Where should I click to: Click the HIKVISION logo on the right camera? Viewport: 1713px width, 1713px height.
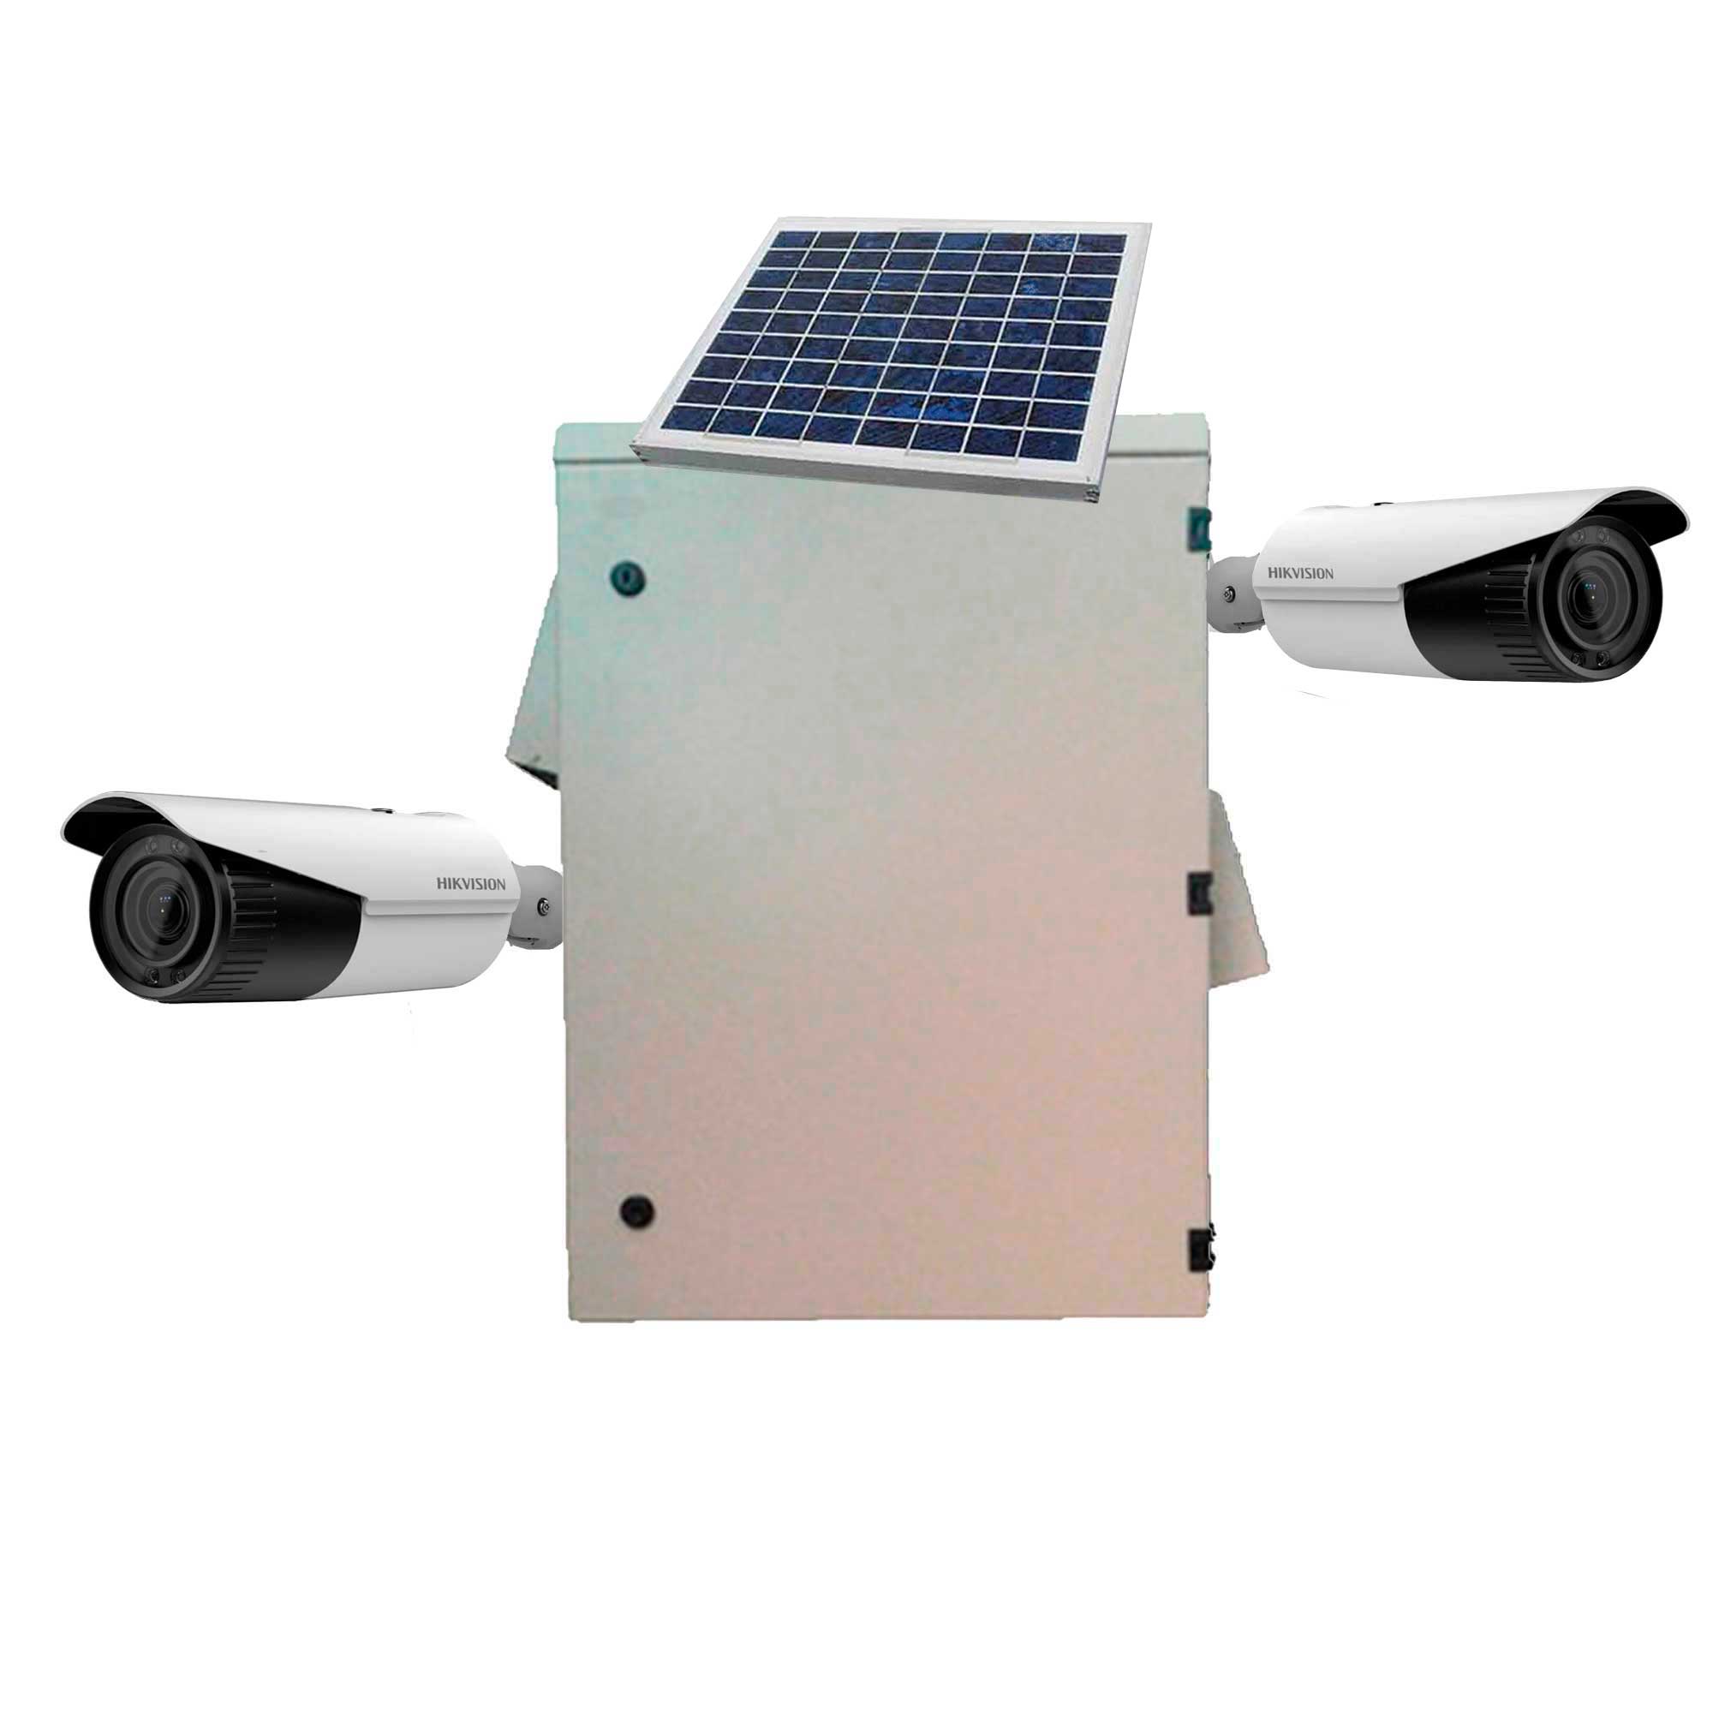coord(1301,573)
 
